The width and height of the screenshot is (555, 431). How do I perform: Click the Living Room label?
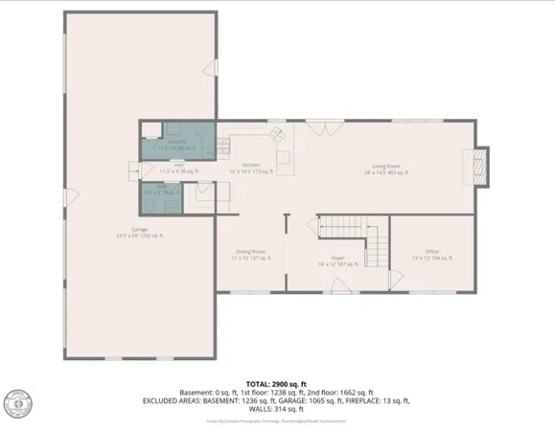390,171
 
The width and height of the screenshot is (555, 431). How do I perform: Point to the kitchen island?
284,156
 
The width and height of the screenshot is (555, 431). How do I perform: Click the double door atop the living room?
331,125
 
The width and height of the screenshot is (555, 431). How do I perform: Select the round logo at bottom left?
16,403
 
